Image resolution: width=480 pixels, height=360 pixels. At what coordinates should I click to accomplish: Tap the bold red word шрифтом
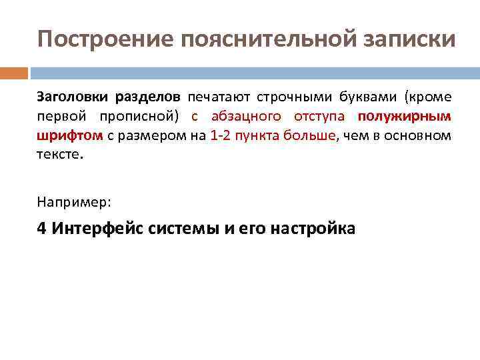(69, 136)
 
